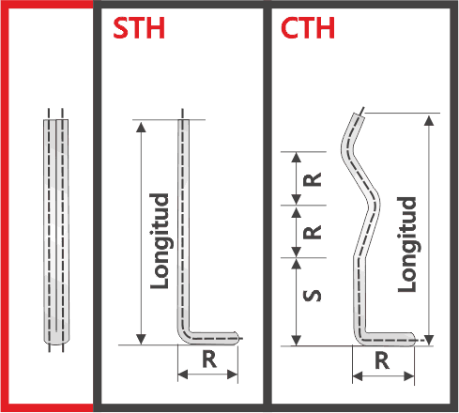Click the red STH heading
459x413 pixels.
(x=139, y=28)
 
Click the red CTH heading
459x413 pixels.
(x=308, y=28)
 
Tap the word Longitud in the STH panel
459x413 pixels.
(x=160, y=241)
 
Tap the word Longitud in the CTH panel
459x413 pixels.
(x=407, y=244)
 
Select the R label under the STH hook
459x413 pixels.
(x=209, y=359)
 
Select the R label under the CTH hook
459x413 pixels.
(x=382, y=360)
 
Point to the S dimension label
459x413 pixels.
(x=313, y=296)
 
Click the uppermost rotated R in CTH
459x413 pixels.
(x=313, y=179)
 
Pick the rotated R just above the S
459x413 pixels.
(x=313, y=232)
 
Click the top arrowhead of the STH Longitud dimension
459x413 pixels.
(x=142, y=127)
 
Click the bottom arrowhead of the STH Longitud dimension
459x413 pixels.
(x=142, y=339)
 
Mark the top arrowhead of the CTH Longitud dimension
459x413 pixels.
(x=429, y=120)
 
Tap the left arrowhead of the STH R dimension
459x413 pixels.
(x=183, y=374)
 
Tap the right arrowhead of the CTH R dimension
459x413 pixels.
(x=409, y=376)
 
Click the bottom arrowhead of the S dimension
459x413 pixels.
(x=296, y=340)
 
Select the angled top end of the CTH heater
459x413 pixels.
(x=357, y=118)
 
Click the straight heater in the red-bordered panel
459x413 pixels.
(x=56, y=232)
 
